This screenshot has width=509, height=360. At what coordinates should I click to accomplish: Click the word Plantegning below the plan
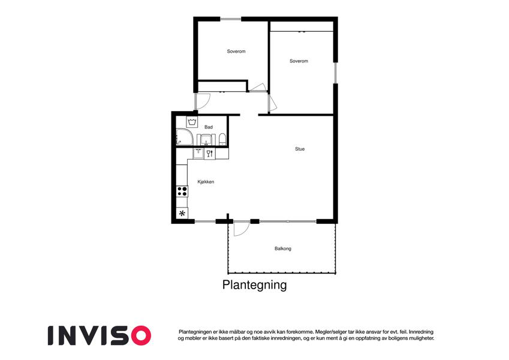[x=254, y=285]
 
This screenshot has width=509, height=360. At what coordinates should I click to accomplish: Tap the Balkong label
[x=283, y=248]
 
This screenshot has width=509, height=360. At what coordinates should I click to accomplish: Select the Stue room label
[x=300, y=149]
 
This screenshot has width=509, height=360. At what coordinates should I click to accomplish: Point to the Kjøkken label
[x=206, y=182]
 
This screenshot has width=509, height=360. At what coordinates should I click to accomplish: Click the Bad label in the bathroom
[x=209, y=127]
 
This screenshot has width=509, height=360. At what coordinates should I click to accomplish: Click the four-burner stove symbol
[x=182, y=191]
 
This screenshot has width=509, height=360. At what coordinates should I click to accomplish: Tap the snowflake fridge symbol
[x=182, y=214]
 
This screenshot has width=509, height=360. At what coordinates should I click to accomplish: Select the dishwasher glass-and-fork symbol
[x=210, y=154]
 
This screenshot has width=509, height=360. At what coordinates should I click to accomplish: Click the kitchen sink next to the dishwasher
[x=198, y=154]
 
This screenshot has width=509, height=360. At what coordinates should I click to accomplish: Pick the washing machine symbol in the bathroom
[x=192, y=122]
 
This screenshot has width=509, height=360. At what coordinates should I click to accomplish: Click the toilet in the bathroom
[x=222, y=139]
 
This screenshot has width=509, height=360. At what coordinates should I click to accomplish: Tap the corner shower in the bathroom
[x=184, y=137]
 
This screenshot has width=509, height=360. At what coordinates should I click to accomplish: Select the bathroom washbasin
[x=206, y=140]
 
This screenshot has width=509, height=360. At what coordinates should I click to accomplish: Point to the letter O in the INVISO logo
[x=139, y=335]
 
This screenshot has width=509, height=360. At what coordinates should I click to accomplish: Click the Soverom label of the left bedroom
[x=236, y=52]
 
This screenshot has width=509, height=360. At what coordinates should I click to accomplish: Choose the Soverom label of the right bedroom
[x=299, y=61]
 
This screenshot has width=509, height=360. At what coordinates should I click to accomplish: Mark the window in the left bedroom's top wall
[x=231, y=19]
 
